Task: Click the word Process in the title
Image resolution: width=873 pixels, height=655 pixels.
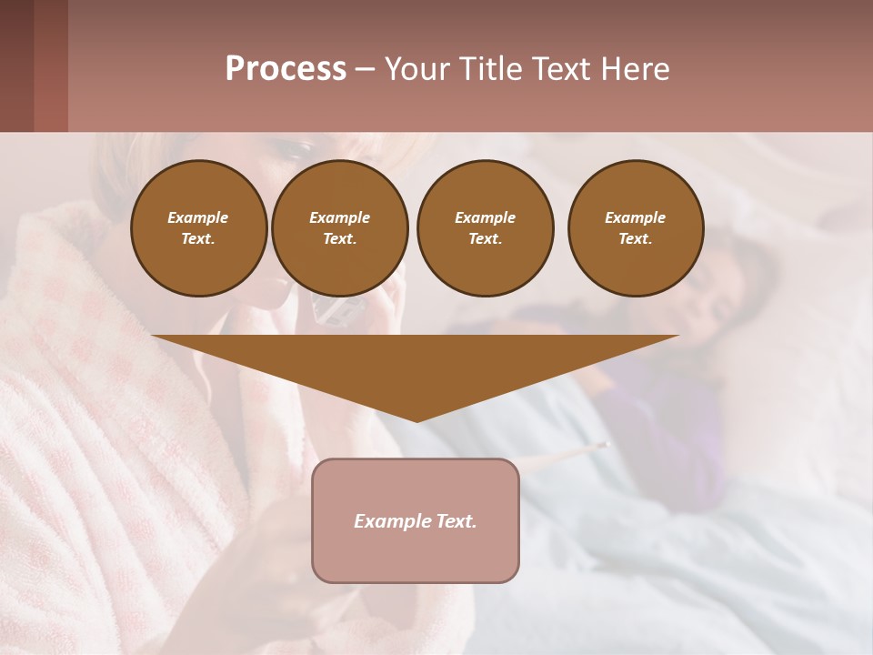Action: click(x=286, y=68)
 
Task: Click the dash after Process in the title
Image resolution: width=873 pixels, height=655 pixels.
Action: click(x=365, y=69)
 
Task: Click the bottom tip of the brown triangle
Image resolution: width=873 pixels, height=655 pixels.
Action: click(x=416, y=419)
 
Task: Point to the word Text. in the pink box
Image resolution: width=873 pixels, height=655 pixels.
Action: click(x=457, y=521)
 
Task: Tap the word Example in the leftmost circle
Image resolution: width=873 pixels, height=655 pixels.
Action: click(x=198, y=217)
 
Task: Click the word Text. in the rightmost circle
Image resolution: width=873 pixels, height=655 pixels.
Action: click(x=635, y=238)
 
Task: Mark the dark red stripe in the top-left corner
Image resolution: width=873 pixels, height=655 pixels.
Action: click(x=50, y=65)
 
